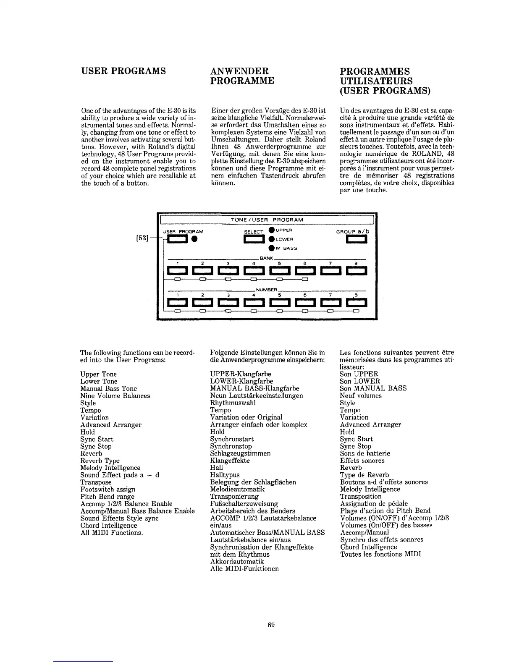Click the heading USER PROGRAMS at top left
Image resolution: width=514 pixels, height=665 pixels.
coord(123,71)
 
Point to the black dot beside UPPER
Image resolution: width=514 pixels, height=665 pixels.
coord(272,230)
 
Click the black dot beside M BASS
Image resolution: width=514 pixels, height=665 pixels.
coord(272,248)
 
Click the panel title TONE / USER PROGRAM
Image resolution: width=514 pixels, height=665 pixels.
coord(267,220)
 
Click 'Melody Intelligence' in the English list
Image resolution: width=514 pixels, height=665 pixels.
coord(110,468)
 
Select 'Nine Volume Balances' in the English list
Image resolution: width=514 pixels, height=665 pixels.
coord(115,395)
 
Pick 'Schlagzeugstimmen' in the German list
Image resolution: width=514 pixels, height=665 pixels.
coord(240,453)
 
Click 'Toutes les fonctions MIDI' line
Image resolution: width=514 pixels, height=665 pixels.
coord(380,554)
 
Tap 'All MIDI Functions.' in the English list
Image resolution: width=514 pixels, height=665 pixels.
coord(112,533)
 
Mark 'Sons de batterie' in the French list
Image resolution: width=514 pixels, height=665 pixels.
coord(365,453)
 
